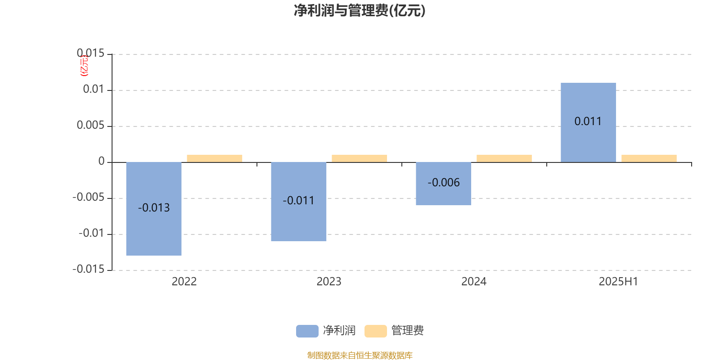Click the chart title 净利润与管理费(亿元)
pos(360,10)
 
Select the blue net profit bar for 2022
pos(153,209)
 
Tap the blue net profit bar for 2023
pos(299,202)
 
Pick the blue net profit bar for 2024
pos(444,184)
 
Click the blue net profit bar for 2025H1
pos(588,122)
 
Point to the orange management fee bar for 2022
pos(214,158)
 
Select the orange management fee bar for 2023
pos(360,158)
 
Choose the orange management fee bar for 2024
pos(504,158)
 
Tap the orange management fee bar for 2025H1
pos(649,158)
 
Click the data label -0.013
pos(153,207)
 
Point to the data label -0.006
pos(444,183)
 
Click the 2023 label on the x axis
pos(329,282)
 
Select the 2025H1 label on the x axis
pos(618,282)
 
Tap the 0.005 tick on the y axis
pos(90,125)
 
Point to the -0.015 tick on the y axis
pos(88,269)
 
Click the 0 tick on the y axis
pos(102,161)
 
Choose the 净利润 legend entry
pos(326,331)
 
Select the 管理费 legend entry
pos(394,331)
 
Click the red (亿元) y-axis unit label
pos(84,66)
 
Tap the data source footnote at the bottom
pos(360,355)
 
